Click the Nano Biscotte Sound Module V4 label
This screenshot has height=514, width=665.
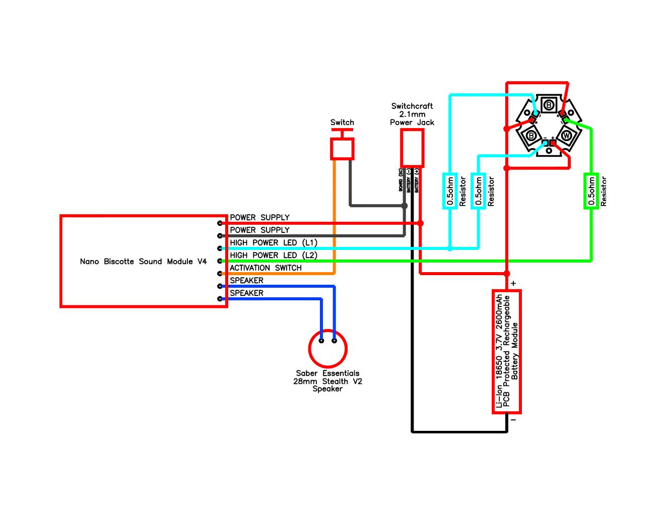coord(143,262)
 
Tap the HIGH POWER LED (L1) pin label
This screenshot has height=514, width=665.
coord(274,243)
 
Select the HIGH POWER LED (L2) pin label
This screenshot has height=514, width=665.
coord(274,255)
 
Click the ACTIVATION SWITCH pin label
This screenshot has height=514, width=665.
coord(265,268)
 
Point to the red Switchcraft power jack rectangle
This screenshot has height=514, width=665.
coord(412,148)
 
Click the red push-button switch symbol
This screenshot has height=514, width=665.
coord(342,147)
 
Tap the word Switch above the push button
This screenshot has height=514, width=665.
coord(342,122)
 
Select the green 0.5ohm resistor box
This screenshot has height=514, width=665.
coord(591,190)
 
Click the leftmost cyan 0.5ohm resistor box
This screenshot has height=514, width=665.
coord(450,190)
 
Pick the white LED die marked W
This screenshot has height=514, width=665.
coord(566,136)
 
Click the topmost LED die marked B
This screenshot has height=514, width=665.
coord(549,105)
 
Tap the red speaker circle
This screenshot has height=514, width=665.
coord(328,348)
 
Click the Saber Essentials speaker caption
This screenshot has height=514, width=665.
coord(327,381)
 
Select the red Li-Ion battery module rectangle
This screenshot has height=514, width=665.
coord(506,351)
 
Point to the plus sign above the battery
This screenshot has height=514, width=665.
coord(513,284)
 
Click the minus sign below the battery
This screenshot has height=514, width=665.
coord(513,419)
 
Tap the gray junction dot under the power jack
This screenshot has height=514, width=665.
coord(404,206)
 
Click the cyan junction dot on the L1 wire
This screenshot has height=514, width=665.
coord(450,248)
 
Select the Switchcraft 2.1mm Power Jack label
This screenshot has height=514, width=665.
coord(412,114)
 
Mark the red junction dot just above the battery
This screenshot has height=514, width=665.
coord(507,274)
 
